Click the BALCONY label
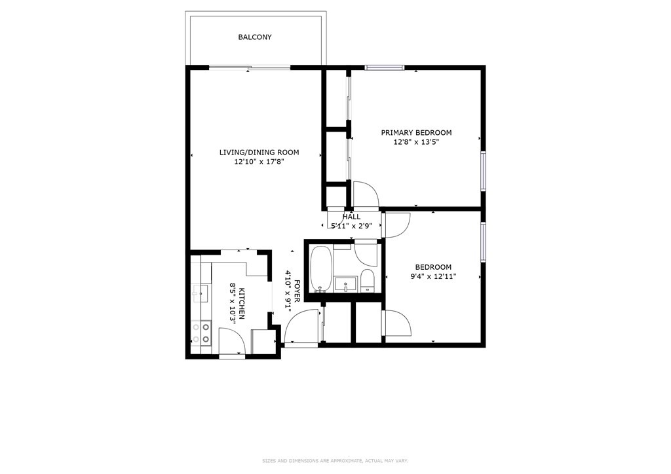(254, 37)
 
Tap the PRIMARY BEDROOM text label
(416, 132)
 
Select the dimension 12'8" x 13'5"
(416, 142)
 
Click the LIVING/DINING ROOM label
(259, 153)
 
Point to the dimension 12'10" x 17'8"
(259, 162)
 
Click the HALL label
(351, 217)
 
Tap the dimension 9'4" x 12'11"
(433, 276)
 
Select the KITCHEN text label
(241, 304)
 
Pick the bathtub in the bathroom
(321, 268)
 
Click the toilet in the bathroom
(367, 280)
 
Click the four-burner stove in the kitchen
(202, 333)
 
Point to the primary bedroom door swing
(364, 195)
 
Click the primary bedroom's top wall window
(385, 67)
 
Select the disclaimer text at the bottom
(335, 460)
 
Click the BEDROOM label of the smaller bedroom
(433, 266)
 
